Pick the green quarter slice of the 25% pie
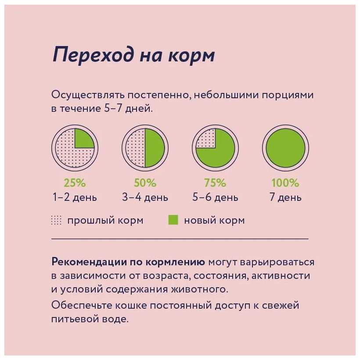click(83, 139)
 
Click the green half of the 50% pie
click(155, 148)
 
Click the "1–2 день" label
click(75, 197)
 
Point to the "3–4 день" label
click(145, 197)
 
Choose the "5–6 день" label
click(215, 197)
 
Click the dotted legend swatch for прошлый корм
click(57, 220)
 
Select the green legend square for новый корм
click(173, 220)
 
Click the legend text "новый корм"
click(214, 220)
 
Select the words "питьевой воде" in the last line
click(90, 319)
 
